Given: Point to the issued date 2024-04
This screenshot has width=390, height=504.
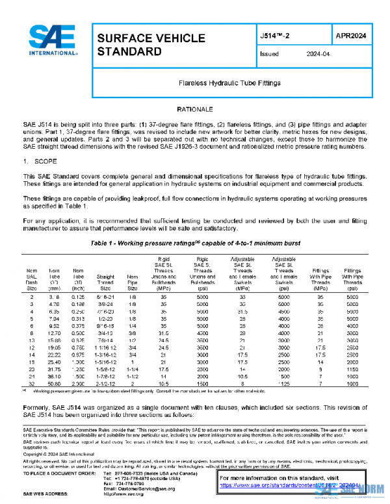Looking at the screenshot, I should pyautogui.click(x=318, y=55).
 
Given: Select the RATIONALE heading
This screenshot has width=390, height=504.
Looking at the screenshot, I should pyautogui.click(x=195, y=110).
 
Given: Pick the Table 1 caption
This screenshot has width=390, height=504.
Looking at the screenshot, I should pyautogui.click(x=194, y=241).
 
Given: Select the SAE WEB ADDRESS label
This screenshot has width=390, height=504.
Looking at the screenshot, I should pyautogui.click(x=47, y=494).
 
